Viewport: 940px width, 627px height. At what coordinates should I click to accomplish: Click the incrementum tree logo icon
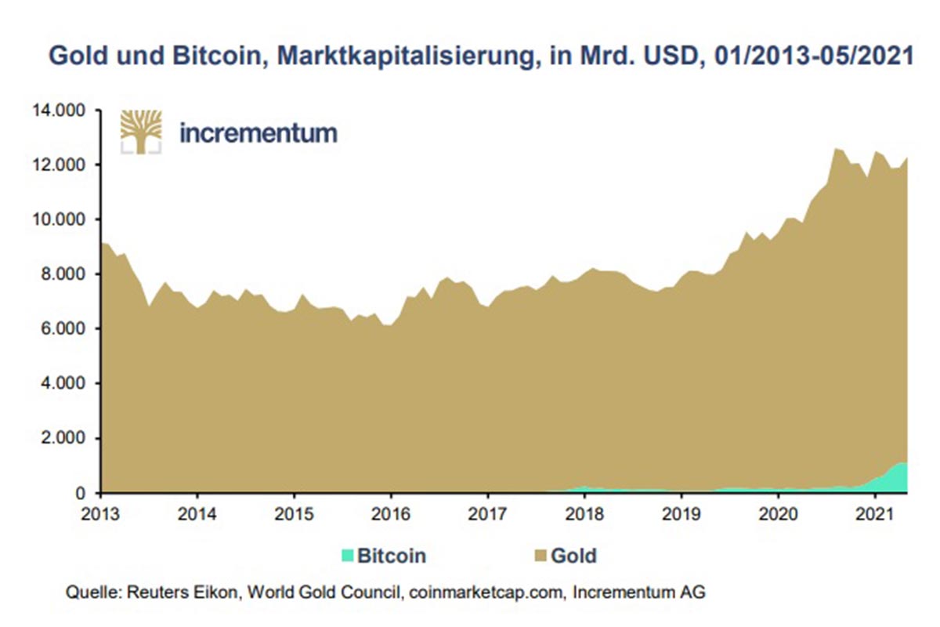(140, 131)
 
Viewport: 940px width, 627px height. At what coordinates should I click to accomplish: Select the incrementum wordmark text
(258, 132)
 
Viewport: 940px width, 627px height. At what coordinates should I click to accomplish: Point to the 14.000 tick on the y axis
(56, 111)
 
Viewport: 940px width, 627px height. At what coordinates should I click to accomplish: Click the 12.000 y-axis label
(56, 165)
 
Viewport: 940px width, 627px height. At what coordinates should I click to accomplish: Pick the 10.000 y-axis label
(56, 219)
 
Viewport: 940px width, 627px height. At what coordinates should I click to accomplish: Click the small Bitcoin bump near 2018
(582, 489)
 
